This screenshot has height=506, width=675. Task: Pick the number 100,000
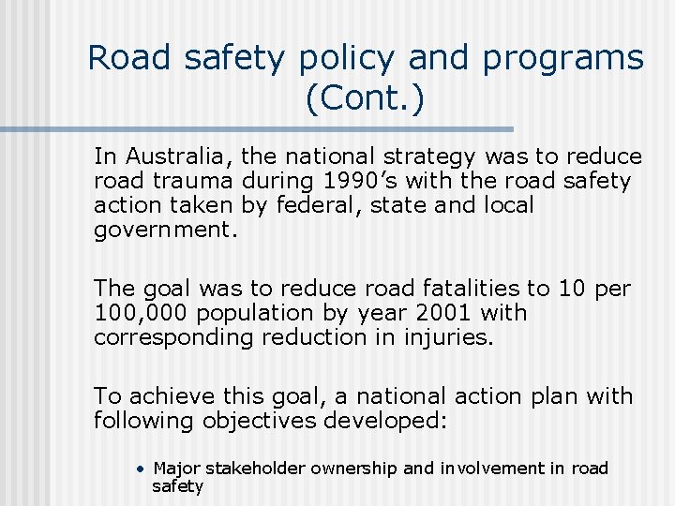click(137, 313)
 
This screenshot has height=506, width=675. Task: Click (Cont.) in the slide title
click(365, 97)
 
